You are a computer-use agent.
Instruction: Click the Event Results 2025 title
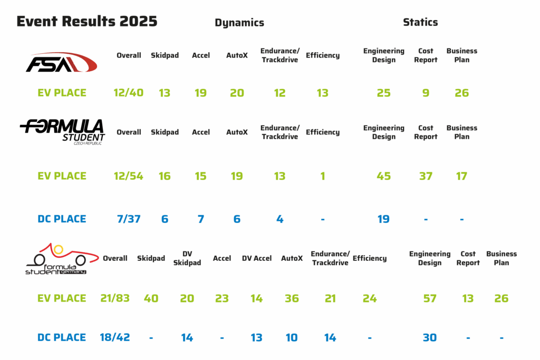click(x=87, y=22)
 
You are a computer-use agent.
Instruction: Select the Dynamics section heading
click(x=239, y=23)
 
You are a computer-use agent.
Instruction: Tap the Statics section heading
click(x=420, y=22)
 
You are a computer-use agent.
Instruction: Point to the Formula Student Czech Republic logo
click(x=62, y=132)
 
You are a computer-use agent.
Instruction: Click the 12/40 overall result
click(x=129, y=93)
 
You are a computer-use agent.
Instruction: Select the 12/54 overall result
click(x=129, y=176)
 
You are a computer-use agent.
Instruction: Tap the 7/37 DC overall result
click(x=129, y=219)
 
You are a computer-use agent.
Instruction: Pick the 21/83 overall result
click(x=115, y=298)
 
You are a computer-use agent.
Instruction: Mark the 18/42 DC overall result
click(x=115, y=337)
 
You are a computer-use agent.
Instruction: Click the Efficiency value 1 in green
click(x=323, y=176)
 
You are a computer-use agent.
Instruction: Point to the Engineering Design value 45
click(x=384, y=176)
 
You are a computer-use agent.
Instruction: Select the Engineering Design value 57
click(x=430, y=298)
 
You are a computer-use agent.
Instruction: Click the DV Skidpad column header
click(x=187, y=258)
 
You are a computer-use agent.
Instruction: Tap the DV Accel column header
click(x=257, y=258)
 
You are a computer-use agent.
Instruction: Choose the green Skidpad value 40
click(x=151, y=298)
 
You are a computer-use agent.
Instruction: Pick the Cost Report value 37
click(x=426, y=176)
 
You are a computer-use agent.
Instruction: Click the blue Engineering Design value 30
click(x=430, y=337)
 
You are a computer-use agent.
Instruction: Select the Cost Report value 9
click(x=426, y=93)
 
